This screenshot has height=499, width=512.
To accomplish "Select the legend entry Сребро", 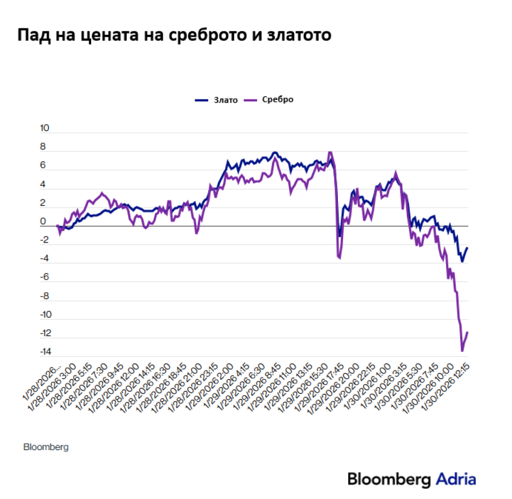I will point(278,99).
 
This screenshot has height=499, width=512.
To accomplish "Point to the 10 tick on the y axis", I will point(44,129).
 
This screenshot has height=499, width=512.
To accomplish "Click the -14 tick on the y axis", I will point(43,352).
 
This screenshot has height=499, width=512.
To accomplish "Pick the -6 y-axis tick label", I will point(44,277).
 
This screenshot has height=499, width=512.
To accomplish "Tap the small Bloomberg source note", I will point(46,447).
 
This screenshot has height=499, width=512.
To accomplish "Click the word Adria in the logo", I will point(456,479).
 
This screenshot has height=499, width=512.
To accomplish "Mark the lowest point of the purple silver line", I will point(463,351).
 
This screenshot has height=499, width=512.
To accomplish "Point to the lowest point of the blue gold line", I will point(463,261).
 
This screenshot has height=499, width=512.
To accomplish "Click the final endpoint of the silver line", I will point(468,332).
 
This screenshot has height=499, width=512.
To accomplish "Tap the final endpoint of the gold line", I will point(468,248).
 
